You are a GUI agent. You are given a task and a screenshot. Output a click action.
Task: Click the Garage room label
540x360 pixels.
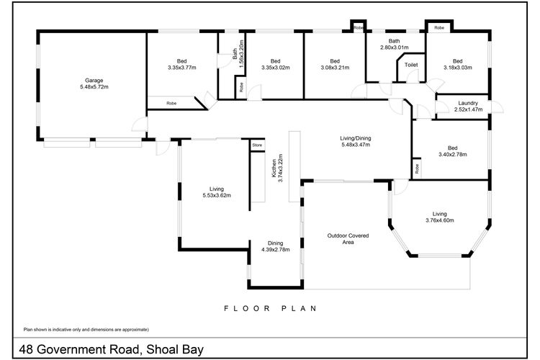tap(94, 81)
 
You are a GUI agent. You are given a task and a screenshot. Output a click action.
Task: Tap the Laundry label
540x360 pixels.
tap(468, 103)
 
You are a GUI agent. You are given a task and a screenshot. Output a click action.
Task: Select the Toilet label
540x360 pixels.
tap(411, 65)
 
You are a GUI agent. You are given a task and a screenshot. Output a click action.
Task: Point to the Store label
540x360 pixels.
tap(257, 145)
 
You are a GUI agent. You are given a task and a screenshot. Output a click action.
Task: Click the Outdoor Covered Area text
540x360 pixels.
tap(348, 239)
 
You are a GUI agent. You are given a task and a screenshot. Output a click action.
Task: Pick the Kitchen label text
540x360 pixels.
tap(274, 168)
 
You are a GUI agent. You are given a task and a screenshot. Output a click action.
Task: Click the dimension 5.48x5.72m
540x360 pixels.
tap(94, 87)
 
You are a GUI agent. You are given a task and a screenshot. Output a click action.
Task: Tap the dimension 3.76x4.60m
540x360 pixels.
tap(440, 220)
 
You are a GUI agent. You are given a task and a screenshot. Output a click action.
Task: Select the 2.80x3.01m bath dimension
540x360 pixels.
tap(395, 48)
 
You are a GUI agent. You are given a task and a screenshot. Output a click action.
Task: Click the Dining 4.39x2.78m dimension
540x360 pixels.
tap(276, 250)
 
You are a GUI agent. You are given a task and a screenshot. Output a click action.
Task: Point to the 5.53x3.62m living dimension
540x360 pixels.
tap(217, 195)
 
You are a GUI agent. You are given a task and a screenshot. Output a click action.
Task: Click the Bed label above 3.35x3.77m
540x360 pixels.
tap(182, 61)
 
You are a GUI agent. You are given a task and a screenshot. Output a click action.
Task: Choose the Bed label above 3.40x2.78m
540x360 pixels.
tap(453, 148)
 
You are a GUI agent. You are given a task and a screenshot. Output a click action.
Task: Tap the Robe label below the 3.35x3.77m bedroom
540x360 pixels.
tap(171, 104)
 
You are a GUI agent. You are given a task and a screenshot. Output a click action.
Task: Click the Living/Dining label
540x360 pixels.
tap(356, 138)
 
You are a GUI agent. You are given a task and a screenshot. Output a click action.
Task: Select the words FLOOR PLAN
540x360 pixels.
tap(270, 308)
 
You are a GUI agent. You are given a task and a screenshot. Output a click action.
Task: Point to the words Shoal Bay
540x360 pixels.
tap(175, 350)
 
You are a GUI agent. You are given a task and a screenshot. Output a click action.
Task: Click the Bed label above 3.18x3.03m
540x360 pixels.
tap(458, 61)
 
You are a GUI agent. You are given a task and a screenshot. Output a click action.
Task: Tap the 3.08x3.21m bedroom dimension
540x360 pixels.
tap(335, 68)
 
